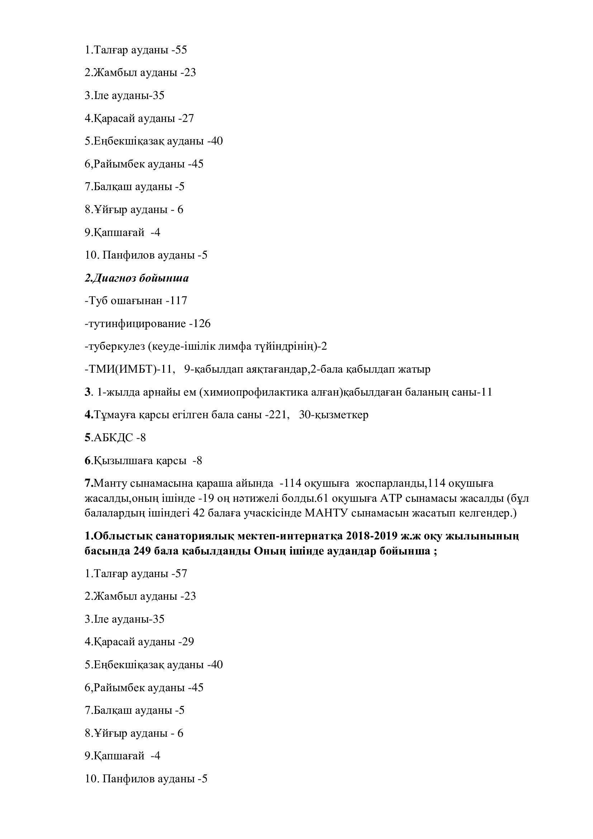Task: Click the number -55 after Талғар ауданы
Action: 179,50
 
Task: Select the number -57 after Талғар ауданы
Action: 179,573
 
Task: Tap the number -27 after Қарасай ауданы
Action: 186,118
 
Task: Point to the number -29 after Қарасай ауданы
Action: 186,642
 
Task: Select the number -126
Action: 200,324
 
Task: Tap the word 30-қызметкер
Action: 333,415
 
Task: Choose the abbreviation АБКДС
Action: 113,437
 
